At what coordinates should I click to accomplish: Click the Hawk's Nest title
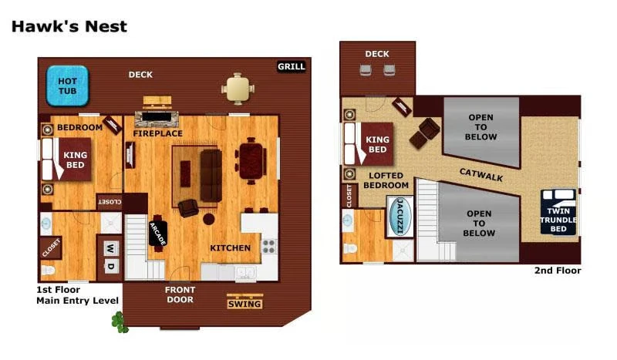coord(69,27)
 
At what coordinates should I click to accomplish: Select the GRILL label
coord(291,67)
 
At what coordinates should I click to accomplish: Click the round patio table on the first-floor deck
coord(238,89)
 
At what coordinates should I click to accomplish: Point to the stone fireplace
coord(158,119)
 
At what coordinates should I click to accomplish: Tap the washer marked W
coord(110,248)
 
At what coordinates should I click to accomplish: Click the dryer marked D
coord(110,267)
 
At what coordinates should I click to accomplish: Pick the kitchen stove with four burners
coord(269,246)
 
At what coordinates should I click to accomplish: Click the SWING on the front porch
coord(245,303)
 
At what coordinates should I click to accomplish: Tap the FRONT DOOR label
coord(180,294)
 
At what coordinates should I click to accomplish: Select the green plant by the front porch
coord(119,321)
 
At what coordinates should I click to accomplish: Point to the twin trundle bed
coord(558,212)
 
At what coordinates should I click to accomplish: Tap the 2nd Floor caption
coord(557,271)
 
